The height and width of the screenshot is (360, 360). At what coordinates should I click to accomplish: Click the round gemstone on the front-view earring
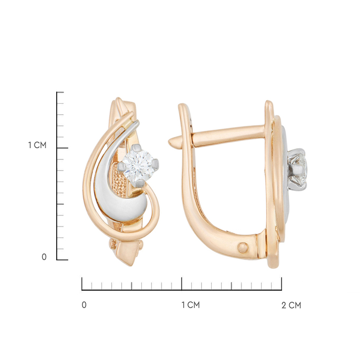click(x=138, y=166)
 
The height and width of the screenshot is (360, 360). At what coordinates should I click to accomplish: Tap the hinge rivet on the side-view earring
click(x=244, y=248)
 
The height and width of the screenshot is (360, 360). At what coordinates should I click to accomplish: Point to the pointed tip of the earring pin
click(x=169, y=142)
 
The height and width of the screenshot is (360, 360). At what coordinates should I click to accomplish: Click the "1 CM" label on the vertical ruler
click(x=37, y=145)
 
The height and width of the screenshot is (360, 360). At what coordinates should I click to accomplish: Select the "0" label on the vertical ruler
click(x=44, y=257)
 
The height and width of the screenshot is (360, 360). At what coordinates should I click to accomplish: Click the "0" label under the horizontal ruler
click(x=84, y=305)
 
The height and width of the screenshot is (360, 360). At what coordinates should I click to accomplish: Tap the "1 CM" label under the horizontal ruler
click(x=191, y=305)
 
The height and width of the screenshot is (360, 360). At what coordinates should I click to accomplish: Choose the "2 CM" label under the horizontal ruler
click(x=291, y=305)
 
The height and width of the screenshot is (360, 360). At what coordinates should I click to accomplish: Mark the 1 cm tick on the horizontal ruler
click(x=182, y=284)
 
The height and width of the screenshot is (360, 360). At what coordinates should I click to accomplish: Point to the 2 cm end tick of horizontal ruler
click(x=282, y=284)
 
